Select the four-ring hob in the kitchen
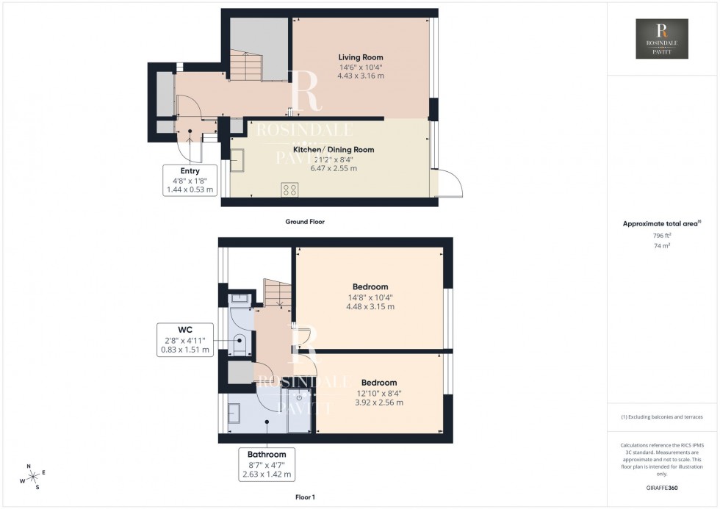289,189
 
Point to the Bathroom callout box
267,464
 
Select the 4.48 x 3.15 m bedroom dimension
370,306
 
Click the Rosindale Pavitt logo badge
661,39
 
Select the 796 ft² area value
662,235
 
